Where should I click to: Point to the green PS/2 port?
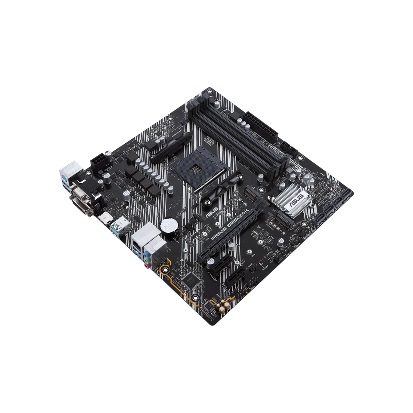pyautogui.click(x=63, y=176)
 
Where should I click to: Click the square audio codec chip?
pyautogui.click(x=190, y=280)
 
